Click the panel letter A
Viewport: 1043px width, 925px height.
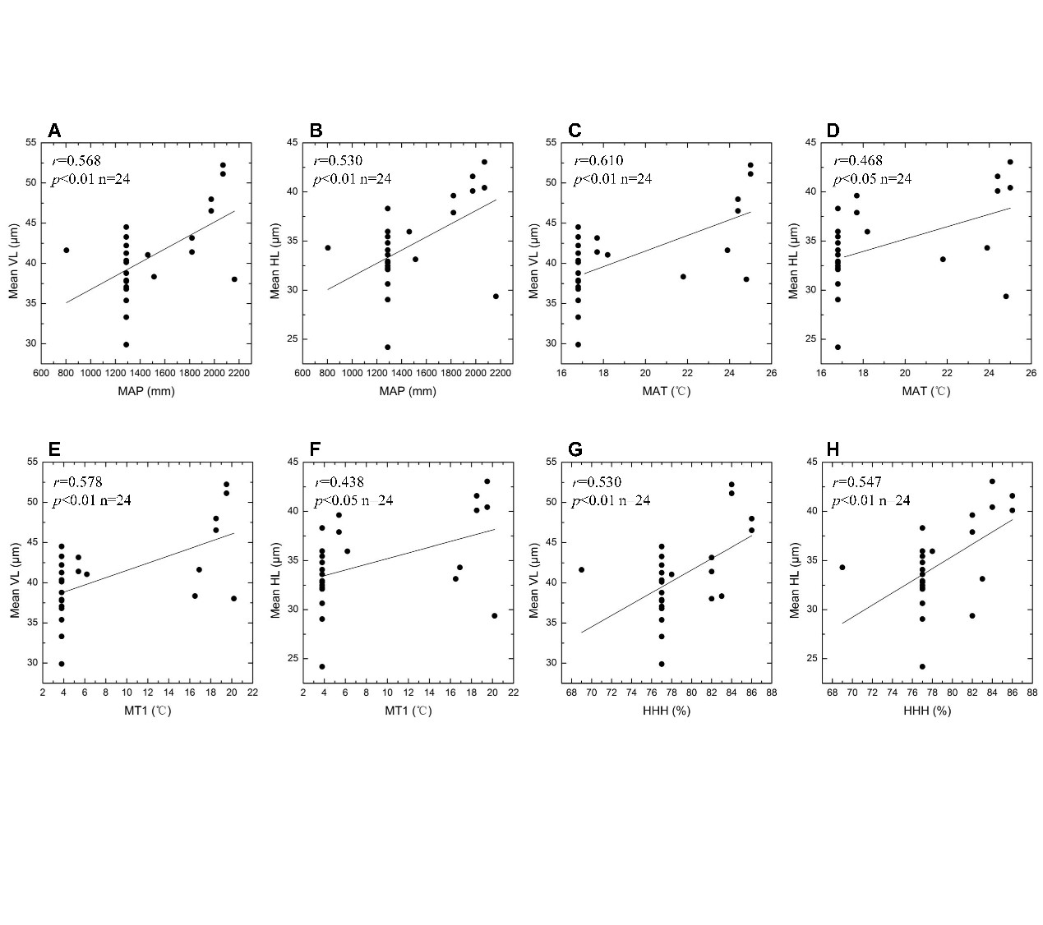pos(54,131)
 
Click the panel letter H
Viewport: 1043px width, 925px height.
pos(833,449)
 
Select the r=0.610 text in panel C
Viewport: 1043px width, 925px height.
pos(598,161)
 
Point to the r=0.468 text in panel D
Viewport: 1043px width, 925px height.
pos(858,161)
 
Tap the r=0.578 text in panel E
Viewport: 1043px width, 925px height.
pos(77,482)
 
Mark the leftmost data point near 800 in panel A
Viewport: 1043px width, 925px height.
pos(67,250)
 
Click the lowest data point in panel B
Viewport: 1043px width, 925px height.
pos(387,347)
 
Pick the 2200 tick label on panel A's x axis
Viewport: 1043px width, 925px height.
pos(239,373)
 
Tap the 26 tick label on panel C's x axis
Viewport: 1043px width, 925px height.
pos(771,373)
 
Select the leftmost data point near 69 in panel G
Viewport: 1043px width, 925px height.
pos(582,569)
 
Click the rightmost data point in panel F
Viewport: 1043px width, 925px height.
pos(494,615)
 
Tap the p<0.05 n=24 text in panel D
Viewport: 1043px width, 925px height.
pos(872,179)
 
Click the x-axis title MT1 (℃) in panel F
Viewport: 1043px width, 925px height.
pos(408,711)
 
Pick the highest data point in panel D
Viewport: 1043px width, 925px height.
pos(1010,162)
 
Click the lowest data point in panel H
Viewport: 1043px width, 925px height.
pos(922,666)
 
